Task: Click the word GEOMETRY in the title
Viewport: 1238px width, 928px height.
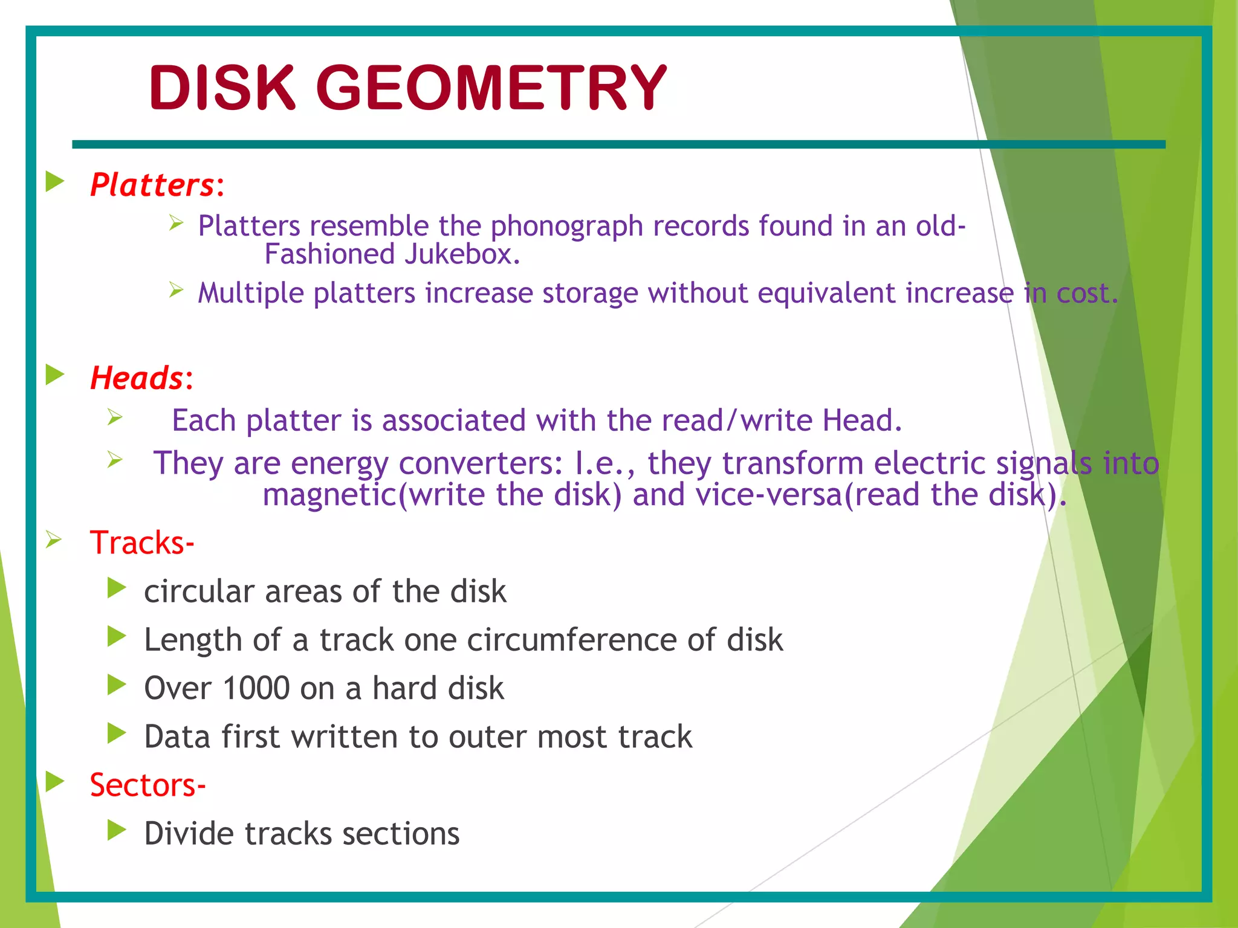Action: point(491,88)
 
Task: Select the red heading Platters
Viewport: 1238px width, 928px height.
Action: point(152,185)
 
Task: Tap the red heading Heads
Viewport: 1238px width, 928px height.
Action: point(137,379)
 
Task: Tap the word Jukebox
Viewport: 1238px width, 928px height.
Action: point(462,254)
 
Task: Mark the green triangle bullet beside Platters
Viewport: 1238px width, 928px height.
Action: point(55,182)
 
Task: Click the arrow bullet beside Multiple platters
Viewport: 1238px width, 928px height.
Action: point(176,290)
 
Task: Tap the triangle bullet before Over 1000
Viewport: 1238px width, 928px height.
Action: point(116,685)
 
